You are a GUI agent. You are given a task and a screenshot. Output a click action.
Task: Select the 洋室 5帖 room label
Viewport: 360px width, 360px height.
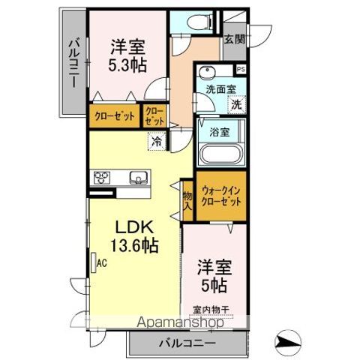pos(213,274)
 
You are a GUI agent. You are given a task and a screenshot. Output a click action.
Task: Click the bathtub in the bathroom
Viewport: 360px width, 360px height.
pos(219,155)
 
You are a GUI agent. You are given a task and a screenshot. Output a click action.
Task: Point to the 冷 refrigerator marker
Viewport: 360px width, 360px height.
pos(157,139)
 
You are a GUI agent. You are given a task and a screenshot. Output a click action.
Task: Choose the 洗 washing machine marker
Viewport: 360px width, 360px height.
pos(236,105)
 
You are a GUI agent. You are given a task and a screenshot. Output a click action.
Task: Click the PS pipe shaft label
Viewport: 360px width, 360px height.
pos(240,70)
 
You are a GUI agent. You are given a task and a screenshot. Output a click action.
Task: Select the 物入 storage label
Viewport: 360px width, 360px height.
pos(187,200)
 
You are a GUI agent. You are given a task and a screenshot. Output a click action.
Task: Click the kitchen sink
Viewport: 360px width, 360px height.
pos(139,178)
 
